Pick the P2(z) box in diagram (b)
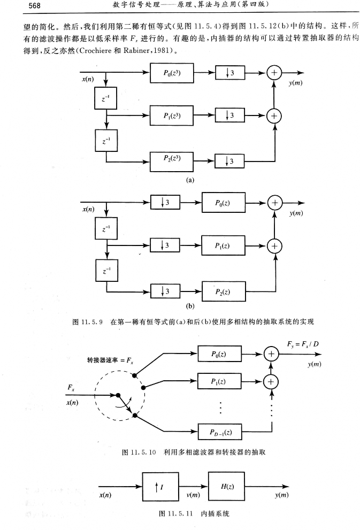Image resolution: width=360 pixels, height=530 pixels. click(224, 291)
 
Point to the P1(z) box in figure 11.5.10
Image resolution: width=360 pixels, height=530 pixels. click(219, 381)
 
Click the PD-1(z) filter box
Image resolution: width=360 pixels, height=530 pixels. click(219, 431)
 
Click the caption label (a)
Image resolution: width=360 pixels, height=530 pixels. click(189, 180)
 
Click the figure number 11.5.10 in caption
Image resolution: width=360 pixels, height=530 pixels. click(144, 452)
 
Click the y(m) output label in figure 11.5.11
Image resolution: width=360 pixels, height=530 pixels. click(282, 495)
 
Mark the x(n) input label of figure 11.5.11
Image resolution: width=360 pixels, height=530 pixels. click(105, 495)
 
